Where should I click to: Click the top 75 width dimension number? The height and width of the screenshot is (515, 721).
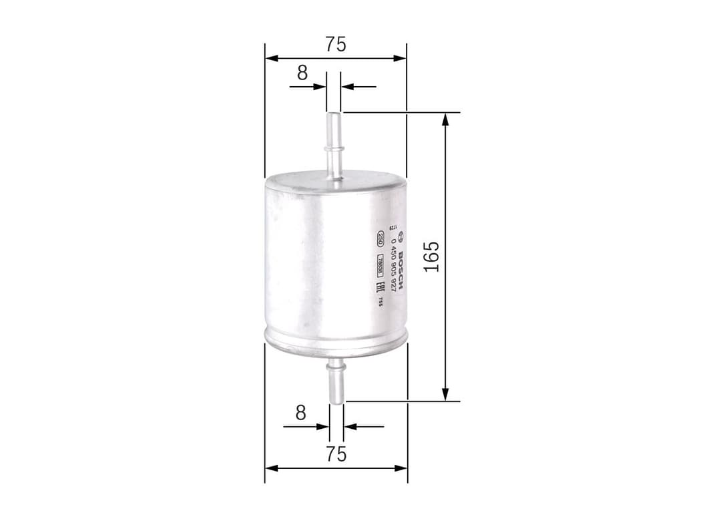coord(336,44)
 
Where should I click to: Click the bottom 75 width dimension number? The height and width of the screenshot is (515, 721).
coord(336,454)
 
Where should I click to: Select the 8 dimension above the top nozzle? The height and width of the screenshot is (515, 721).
coord(302,73)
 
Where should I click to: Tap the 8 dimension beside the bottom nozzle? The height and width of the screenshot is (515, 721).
coord(300,413)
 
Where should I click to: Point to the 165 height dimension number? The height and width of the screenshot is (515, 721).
coord(432,256)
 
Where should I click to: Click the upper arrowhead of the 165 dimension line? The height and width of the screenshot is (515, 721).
coord(445,119)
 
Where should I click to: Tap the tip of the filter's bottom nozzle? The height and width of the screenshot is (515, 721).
coord(336,402)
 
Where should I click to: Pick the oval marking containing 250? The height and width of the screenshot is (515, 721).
coord(379,238)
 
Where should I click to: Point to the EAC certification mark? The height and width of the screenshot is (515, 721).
coord(379,289)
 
